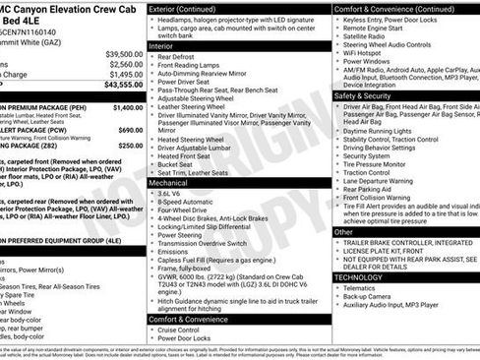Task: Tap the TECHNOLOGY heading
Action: [365, 277]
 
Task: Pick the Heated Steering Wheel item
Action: [195, 139]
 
